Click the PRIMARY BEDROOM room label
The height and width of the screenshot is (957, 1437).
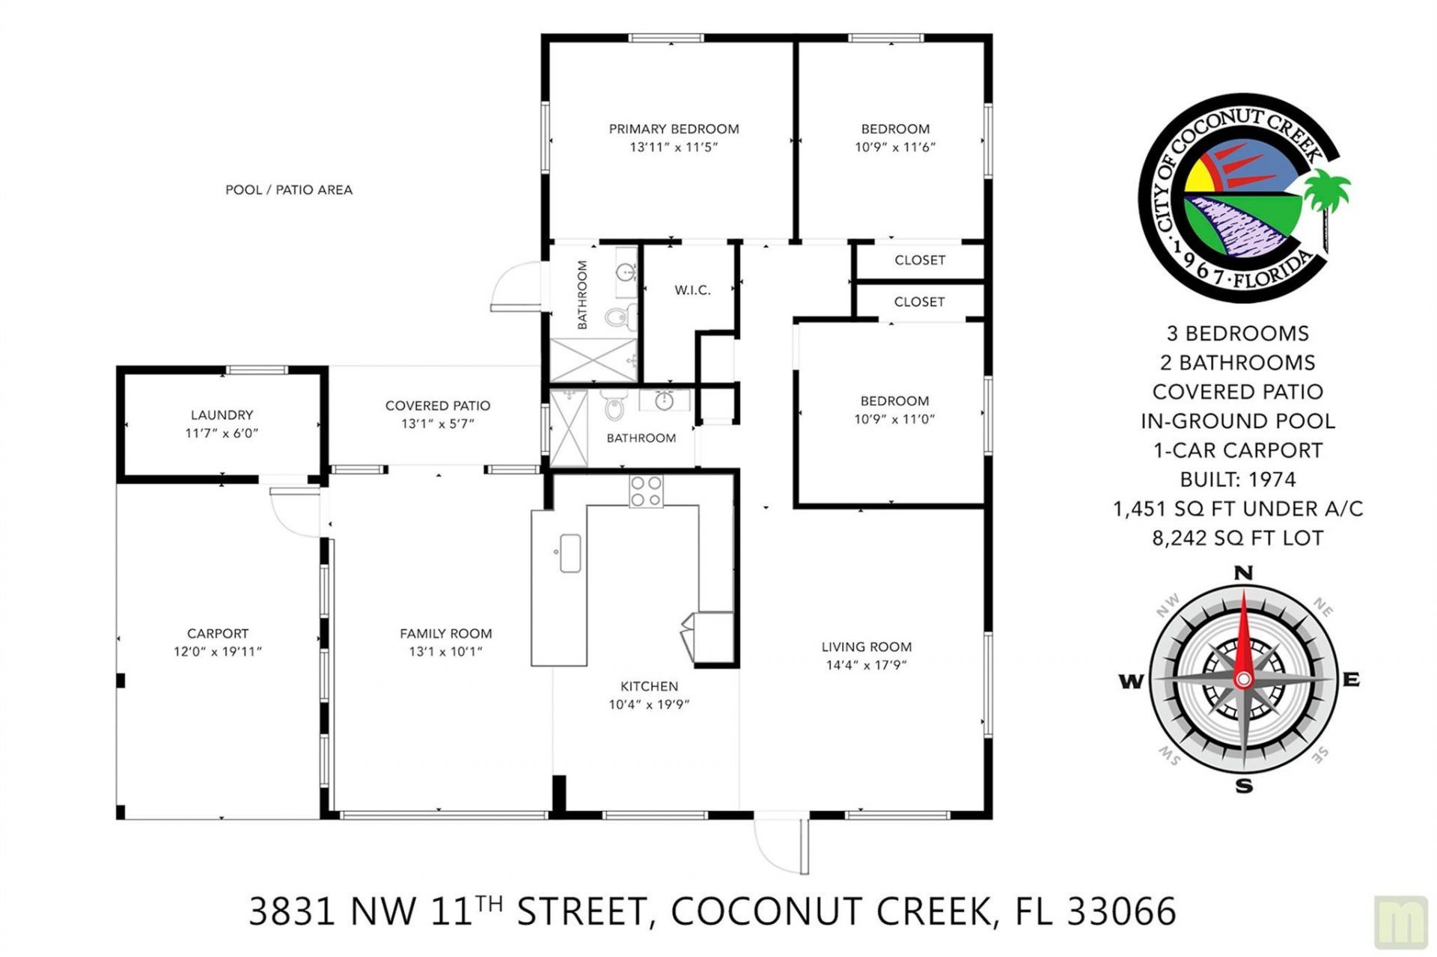click(674, 129)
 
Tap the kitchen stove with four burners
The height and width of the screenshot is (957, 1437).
click(645, 492)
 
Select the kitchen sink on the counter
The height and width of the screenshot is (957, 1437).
click(570, 553)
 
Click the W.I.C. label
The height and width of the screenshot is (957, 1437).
click(692, 290)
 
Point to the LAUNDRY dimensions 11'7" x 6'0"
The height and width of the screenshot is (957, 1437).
click(222, 433)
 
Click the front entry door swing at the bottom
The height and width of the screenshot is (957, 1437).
click(778, 846)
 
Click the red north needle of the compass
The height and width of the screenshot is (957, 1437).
click(1244, 636)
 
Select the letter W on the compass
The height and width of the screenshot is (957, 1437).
click(1131, 681)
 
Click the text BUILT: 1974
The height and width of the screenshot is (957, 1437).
click(1238, 480)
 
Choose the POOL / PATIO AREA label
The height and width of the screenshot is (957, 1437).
click(289, 190)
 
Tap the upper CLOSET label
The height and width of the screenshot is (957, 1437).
click(920, 260)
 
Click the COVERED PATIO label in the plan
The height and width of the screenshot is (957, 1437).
click(438, 406)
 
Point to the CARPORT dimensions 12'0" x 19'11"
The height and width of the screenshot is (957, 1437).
click(218, 652)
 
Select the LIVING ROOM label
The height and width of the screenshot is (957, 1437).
click(867, 646)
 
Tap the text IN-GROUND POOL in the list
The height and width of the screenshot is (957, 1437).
click(1238, 421)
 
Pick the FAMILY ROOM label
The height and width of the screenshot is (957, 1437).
click(445, 634)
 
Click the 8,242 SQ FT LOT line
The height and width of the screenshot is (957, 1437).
click(1238, 538)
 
